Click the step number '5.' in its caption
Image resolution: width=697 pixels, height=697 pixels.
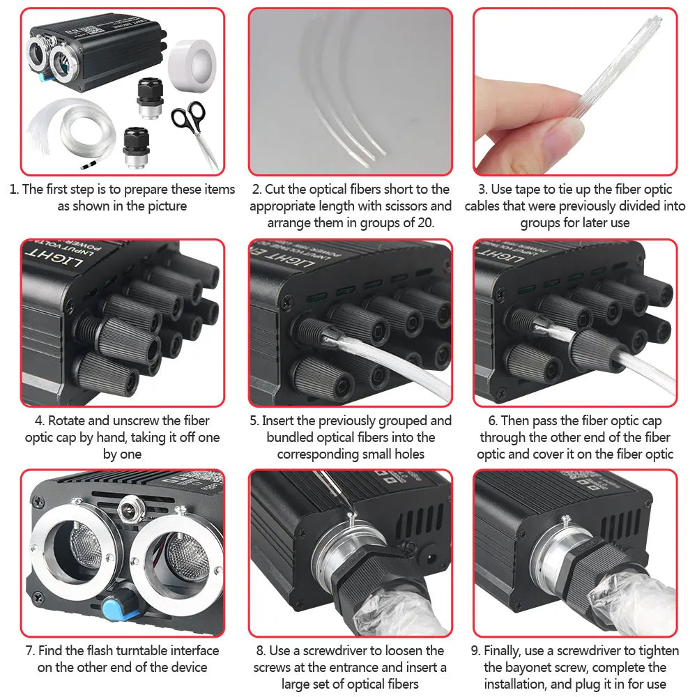coord(254,421)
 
